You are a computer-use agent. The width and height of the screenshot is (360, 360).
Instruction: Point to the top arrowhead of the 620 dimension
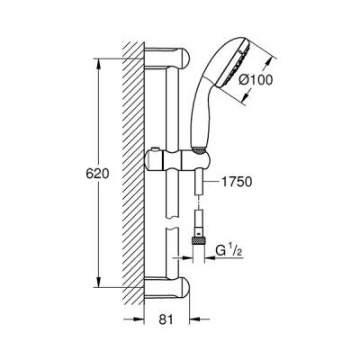[94, 58]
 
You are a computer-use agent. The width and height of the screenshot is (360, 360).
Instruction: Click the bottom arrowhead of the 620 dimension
[94, 285]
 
